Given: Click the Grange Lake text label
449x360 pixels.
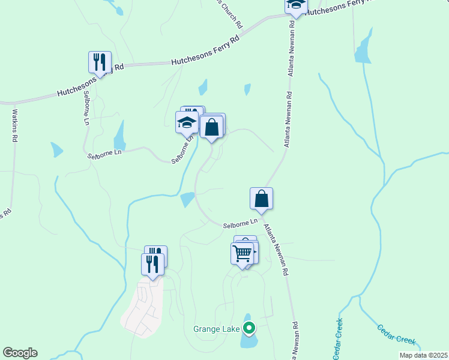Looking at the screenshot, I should click(216, 329).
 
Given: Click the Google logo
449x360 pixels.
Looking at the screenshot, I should click(20, 353).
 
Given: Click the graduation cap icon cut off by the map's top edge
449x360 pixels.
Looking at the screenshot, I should click(295, 5).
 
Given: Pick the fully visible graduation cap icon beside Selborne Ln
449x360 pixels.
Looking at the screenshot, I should click(187, 123).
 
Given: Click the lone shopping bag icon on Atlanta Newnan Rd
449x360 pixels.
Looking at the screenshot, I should click(261, 199).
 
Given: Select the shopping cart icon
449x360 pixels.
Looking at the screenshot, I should click(243, 253).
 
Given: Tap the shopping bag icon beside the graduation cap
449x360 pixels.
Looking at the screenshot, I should click(211, 127).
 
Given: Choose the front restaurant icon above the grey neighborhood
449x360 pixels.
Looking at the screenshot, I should click(152, 264).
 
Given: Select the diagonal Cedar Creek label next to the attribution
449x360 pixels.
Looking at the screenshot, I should click(396, 334).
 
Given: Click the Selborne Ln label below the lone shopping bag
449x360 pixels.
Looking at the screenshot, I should click(240, 224).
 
